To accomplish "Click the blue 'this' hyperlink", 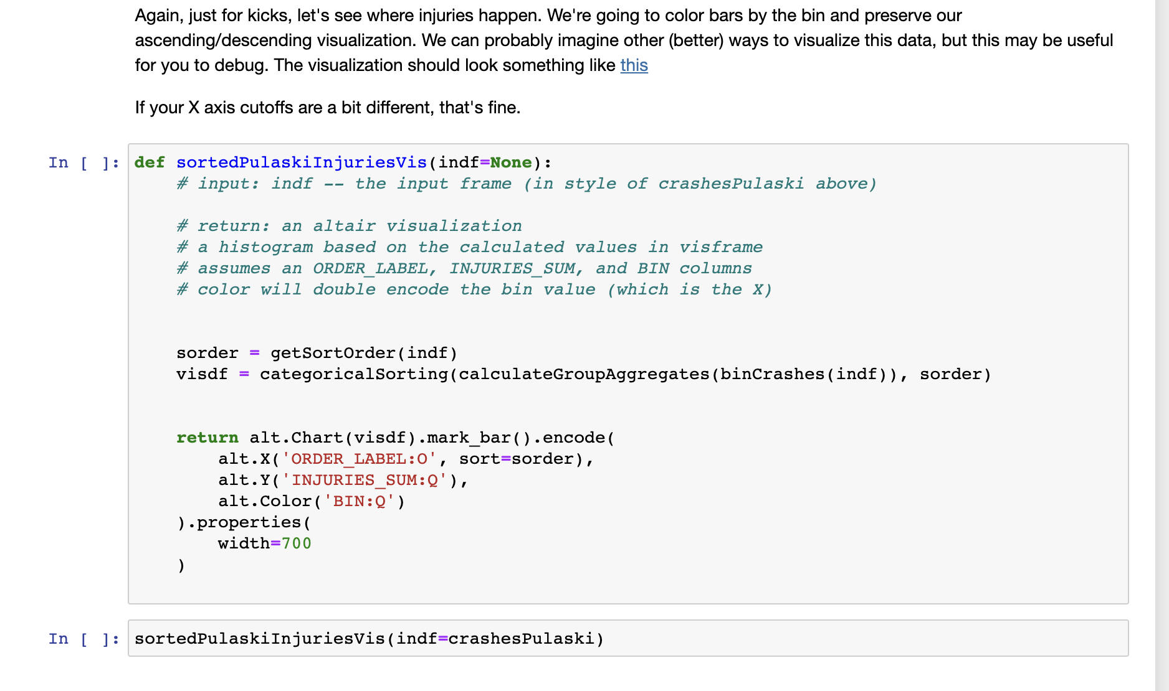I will (634, 65).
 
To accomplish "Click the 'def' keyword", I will (150, 162).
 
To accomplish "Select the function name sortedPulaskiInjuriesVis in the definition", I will (302, 162).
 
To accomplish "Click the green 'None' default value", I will (511, 162).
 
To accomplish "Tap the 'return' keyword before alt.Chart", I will (207, 438).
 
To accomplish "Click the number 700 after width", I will (296, 543).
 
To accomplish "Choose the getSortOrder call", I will (333, 353).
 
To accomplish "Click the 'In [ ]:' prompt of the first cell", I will (83, 163).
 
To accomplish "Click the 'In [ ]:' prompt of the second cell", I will (83, 639).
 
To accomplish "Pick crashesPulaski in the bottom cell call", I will (521, 639).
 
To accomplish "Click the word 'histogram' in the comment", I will (265, 247).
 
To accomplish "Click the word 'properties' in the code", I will (249, 522).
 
